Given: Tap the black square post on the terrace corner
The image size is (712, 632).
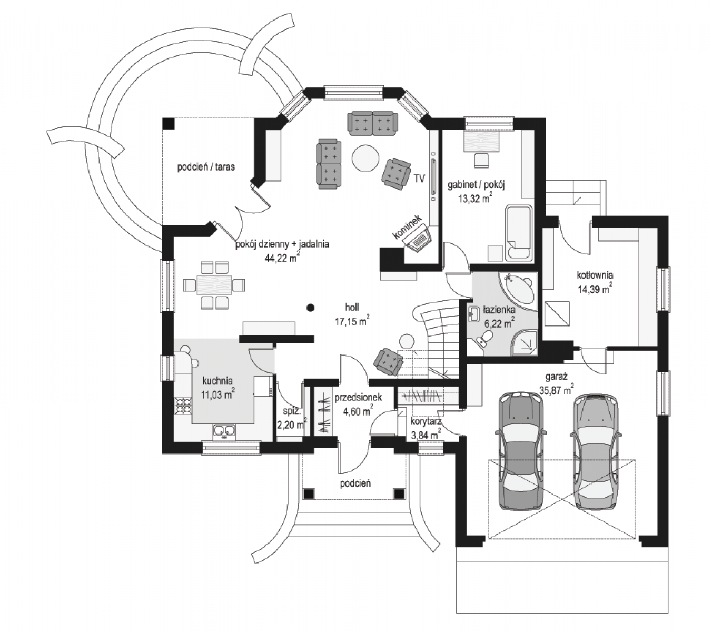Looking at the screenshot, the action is [x=168, y=123].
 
